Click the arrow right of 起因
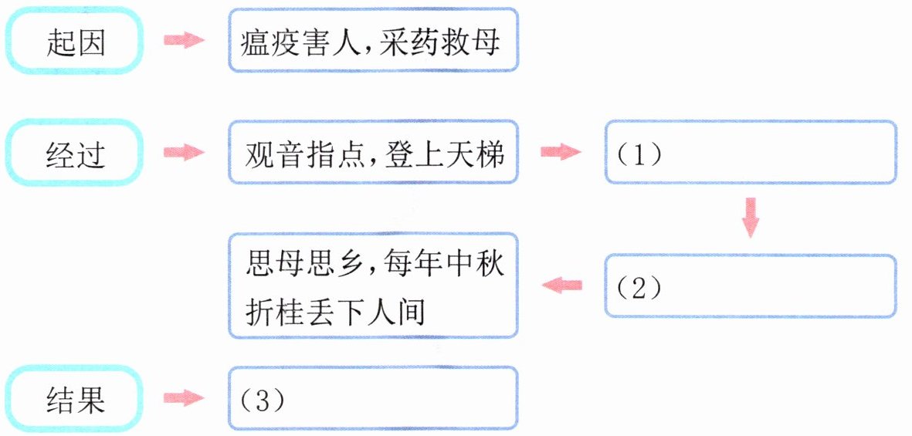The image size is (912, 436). (x=184, y=41)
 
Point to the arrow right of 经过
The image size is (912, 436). (x=184, y=153)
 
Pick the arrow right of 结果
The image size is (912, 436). (x=184, y=398)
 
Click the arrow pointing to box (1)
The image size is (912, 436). (x=561, y=153)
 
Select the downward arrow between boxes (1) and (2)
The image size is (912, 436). (x=750, y=218)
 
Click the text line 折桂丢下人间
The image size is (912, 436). (x=335, y=312)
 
